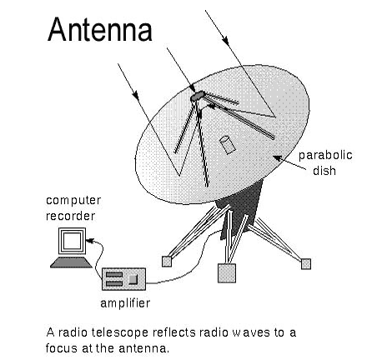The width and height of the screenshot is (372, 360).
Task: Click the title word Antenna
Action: pyautogui.click(x=100, y=29)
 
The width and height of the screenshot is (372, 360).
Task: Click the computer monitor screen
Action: pyautogui.click(x=72, y=241)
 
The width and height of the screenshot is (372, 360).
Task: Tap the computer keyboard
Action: pyautogui.click(x=71, y=262)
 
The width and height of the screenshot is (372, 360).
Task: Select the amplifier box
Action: pyautogui.click(x=123, y=279)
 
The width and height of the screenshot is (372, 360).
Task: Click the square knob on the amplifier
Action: pyautogui.click(x=133, y=279)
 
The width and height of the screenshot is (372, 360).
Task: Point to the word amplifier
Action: pyautogui.click(x=125, y=303)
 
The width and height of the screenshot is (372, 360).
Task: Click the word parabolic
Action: pyautogui.click(x=325, y=155)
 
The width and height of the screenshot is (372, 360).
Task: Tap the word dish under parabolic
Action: pyautogui.click(x=324, y=170)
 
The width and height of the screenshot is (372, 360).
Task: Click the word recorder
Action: pyautogui.click(x=70, y=216)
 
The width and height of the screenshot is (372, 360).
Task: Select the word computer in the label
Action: pyautogui.click(x=73, y=201)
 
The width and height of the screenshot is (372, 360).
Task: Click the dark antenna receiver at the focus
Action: pyautogui.click(x=197, y=96)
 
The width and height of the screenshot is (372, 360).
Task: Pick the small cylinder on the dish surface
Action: pyautogui.click(x=228, y=145)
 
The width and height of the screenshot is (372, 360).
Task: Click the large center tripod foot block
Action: pyautogui.click(x=227, y=273)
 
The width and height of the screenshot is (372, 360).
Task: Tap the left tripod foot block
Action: pyautogui.click(x=167, y=262)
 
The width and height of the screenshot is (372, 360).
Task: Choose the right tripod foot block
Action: pyautogui.click(x=306, y=263)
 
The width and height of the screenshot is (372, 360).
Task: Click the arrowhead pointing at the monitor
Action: pyautogui.click(x=90, y=240)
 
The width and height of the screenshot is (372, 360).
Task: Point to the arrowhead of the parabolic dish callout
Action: pyautogui.click(x=277, y=158)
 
